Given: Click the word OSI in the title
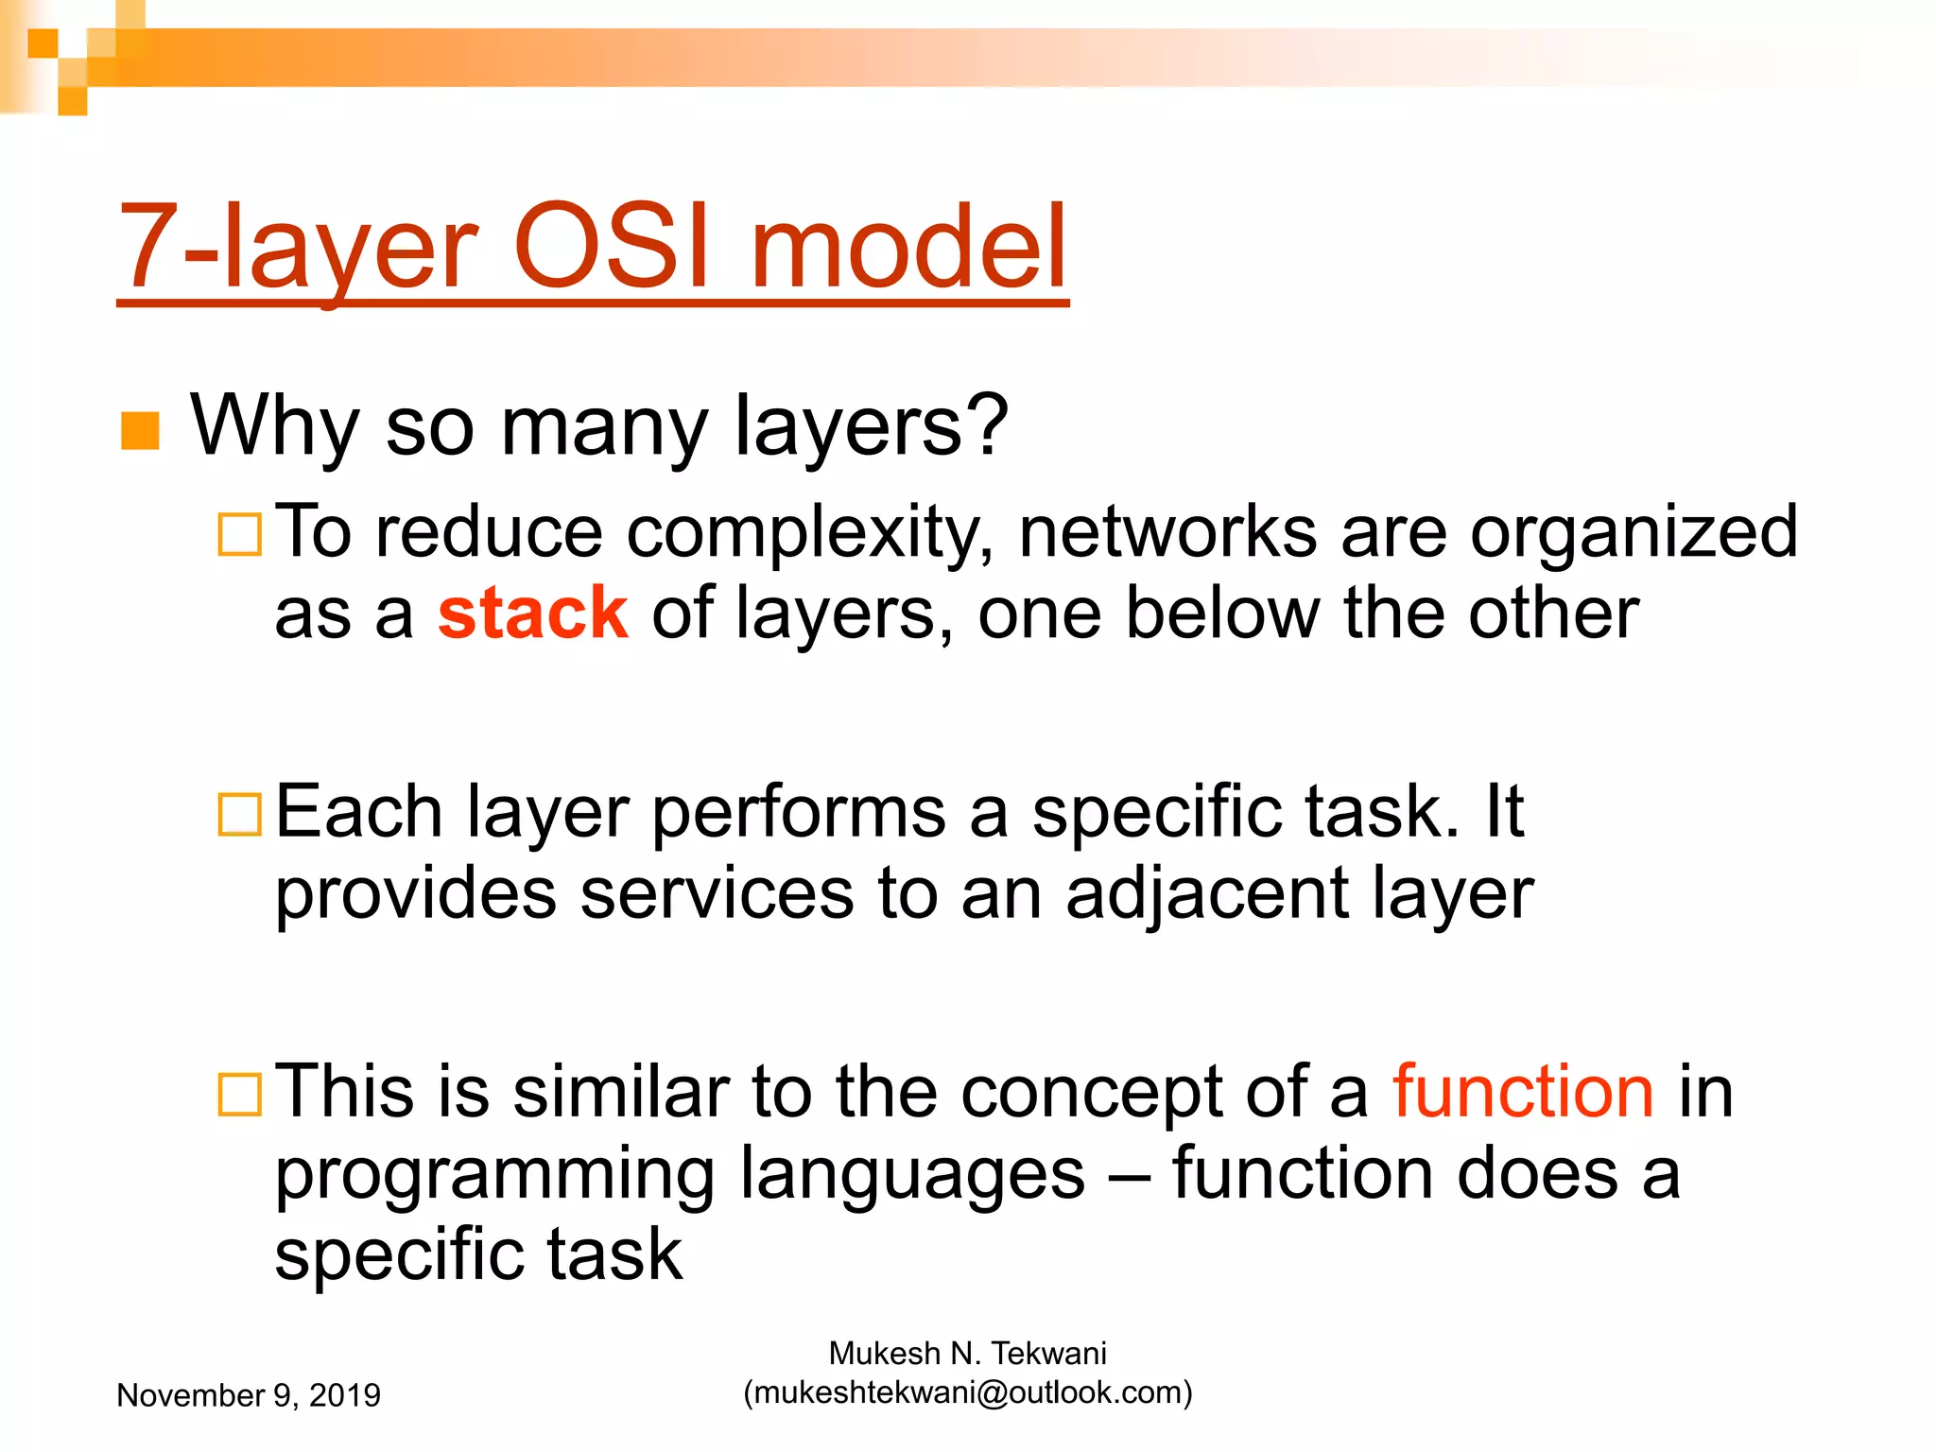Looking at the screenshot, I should coord(610,248).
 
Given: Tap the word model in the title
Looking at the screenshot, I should coord(908,248).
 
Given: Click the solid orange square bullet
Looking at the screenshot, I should coord(140,431).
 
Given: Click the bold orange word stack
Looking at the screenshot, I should coord(532,614).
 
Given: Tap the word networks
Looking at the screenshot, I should coord(1167,532).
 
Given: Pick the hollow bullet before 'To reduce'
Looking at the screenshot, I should coord(239,534).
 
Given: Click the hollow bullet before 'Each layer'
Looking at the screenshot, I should coord(239,814).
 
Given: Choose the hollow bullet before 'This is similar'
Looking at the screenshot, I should coord(239,1094).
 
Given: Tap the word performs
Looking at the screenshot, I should coord(799,812).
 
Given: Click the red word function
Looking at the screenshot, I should coord(1523,1092).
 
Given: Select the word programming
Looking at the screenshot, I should coord(493,1175).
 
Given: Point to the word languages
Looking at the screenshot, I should coord(912,1175).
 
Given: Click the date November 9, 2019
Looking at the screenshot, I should coord(249,1395).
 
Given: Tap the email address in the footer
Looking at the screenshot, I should coord(968,1392).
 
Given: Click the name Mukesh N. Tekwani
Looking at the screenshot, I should coord(967,1354).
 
